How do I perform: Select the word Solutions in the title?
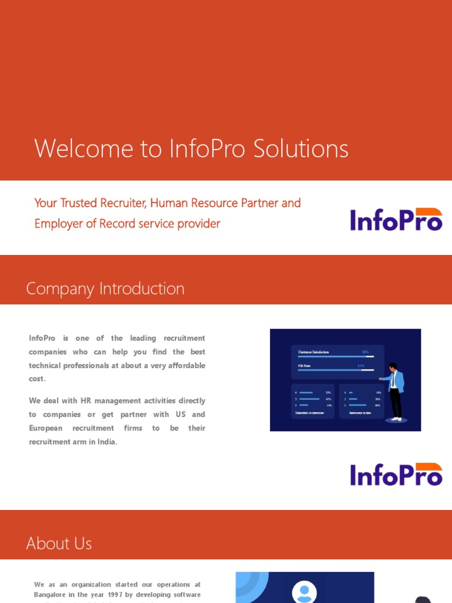tap(301, 148)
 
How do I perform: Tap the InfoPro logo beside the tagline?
tap(396, 219)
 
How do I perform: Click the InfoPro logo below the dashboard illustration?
tap(396, 475)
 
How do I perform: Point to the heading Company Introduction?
tap(105, 289)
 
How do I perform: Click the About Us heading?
tap(59, 543)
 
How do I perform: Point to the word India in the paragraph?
tap(106, 442)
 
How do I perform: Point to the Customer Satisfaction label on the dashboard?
tap(313, 352)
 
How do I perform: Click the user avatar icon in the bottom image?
tap(304, 592)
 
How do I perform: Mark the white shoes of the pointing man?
tap(397, 419)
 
